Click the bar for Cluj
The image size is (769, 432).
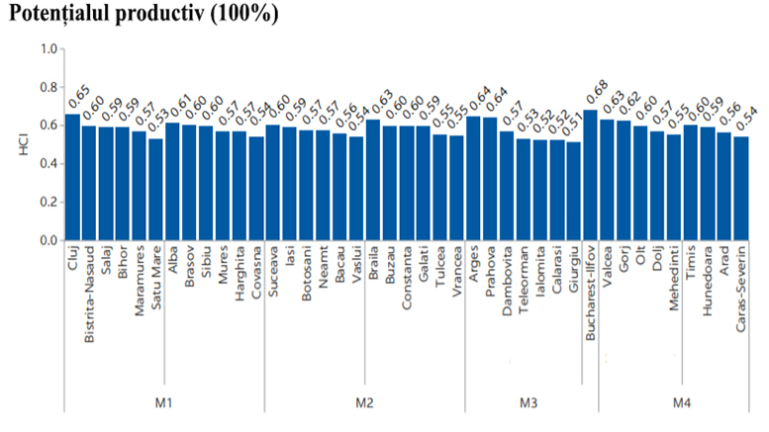coord(72,178)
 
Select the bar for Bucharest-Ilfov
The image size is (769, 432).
coord(590,175)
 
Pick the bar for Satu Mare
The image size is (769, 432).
coord(155,190)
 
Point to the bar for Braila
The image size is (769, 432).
coord(373,180)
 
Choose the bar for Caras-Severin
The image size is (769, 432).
coord(740,189)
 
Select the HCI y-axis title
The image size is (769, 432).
coord(19,144)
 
